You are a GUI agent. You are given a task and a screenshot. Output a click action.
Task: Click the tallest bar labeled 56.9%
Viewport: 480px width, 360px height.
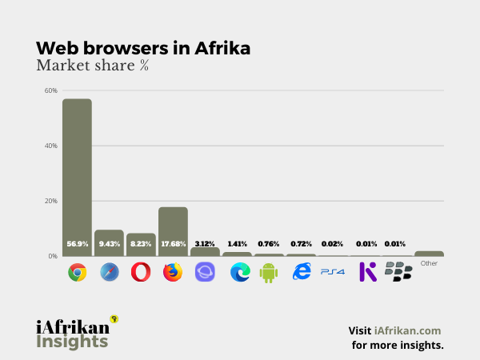coord(78,176)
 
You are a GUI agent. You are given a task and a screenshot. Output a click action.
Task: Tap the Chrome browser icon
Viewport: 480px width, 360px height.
coord(78,272)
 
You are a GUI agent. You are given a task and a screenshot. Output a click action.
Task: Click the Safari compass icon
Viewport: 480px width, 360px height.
coord(110,272)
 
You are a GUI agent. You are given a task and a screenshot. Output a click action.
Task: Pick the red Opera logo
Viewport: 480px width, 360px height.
coord(141,272)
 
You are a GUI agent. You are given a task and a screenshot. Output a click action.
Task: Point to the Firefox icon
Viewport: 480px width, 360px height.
coord(173,272)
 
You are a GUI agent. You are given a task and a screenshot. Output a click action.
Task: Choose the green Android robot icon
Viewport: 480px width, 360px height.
coord(268,272)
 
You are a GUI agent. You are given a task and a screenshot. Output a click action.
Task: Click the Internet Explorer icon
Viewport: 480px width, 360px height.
coord(302,272)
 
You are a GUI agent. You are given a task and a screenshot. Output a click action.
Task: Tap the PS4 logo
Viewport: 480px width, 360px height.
coord(332,272)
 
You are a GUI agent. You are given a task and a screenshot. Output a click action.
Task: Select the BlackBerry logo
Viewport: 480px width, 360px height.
coord(398,272)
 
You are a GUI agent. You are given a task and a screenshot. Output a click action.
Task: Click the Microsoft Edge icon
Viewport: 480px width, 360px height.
coord(239,272)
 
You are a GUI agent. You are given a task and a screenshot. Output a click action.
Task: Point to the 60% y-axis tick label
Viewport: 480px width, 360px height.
coord(50,90)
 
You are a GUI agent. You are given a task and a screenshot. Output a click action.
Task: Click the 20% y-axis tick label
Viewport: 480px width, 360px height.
coord(50,201)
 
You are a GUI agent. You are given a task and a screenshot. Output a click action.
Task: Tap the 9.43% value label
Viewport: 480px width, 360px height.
coord(110,243)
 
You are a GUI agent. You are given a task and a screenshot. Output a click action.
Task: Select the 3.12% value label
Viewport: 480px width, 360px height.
coord(205,243)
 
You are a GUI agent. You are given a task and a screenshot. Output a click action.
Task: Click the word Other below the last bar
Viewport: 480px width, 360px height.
coord(429,263)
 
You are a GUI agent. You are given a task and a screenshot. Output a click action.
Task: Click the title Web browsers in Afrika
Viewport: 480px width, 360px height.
coord(143,48)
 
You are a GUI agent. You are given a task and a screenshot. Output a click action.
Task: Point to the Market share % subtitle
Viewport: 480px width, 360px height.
coord(92,66)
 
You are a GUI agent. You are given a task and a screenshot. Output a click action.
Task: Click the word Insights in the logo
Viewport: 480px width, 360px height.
coord(72,342)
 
